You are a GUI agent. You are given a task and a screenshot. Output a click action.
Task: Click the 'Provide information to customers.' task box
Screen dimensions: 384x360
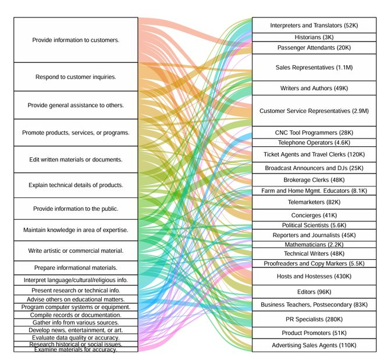[76, 40]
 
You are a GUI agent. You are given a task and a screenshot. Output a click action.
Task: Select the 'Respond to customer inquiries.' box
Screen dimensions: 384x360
[76, 77]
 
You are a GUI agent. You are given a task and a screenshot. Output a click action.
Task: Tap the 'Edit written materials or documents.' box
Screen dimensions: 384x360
[76, 160]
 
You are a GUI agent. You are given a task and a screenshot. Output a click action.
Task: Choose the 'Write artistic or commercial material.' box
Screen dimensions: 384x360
[76, 250]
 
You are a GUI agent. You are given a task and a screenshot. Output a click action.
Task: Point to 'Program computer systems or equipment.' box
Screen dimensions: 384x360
[76, 307]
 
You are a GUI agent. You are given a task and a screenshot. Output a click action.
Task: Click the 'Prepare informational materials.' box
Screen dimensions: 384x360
[76, 267]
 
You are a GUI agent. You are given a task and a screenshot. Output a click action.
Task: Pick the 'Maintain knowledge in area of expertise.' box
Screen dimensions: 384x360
[76, 230]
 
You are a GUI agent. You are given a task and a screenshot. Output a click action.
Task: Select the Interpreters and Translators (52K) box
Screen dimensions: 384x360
[314, 25]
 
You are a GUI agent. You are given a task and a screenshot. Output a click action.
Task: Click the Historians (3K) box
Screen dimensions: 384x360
[314, 37]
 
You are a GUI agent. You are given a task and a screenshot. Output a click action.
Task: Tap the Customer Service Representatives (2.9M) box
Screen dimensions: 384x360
[314, 111]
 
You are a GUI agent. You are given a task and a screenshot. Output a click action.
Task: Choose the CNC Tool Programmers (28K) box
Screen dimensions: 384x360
[314, 132]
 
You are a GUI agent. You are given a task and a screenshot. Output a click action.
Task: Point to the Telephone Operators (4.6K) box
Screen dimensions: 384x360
[314, 143]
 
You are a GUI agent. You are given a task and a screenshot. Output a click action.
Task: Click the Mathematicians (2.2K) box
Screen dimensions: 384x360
[314, 245]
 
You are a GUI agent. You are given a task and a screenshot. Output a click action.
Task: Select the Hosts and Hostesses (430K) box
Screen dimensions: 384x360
[314, 276]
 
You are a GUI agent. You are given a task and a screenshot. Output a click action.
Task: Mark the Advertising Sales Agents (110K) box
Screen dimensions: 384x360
[314, 345]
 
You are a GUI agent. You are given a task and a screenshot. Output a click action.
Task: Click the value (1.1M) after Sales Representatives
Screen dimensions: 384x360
[344, 68]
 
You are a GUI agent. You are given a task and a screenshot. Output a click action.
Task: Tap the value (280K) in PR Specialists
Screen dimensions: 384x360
[334, 319]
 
